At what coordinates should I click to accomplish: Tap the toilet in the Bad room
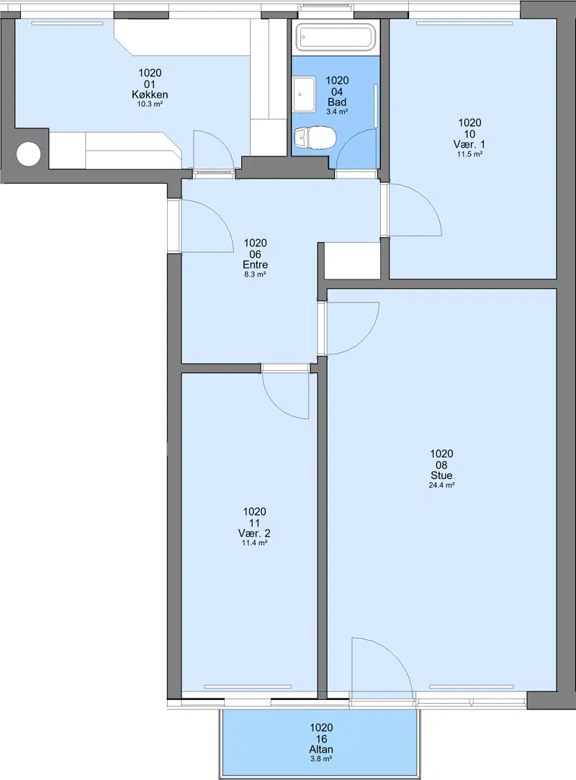click(315, 138)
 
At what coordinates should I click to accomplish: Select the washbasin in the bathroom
click(304, 94)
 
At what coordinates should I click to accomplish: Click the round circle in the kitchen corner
click(28, 154)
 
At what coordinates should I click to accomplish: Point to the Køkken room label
click(150, 94)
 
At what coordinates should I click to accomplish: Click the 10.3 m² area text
click(150, 104)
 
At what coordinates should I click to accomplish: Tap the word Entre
click(255, 264)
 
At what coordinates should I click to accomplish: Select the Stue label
click(441, 475)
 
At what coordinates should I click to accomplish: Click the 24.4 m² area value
click(441, 485)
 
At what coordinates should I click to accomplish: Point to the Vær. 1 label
click(469, 144)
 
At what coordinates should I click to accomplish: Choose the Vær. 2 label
click(254, 533)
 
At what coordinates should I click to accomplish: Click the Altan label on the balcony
click(321, 749)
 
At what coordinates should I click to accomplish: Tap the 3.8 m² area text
click(321, 759)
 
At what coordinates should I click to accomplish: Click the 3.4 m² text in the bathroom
click(337, 112)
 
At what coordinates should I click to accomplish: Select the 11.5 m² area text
click(469, 154)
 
